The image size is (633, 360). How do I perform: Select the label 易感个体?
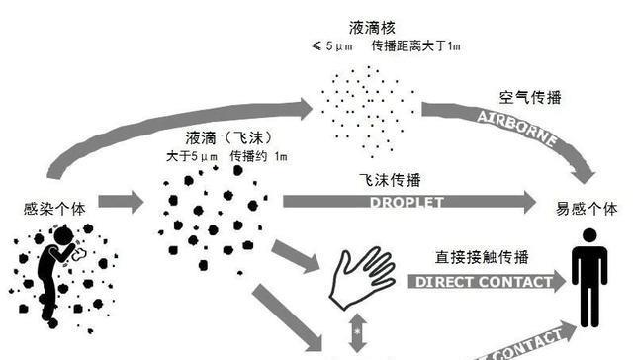[x=590, y=209]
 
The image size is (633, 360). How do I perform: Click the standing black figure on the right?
[x=591, y=282]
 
